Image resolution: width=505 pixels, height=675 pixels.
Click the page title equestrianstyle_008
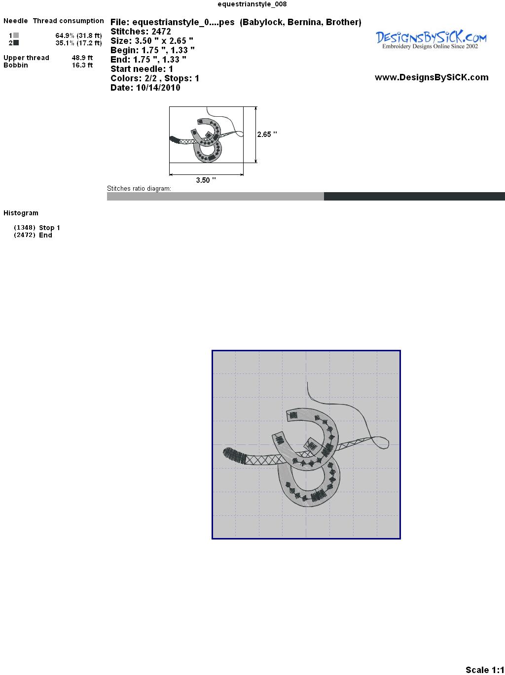pyautogui.click(x=252, y=4)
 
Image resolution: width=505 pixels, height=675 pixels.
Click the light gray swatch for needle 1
pyautogui.click(x=16, y=35)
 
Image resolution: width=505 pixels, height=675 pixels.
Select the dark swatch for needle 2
pyautogui.click(x=16, y=43)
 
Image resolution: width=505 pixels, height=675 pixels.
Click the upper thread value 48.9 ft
pyautogui.click(x=82, y=58)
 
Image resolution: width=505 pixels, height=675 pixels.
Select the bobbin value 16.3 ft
pyautogui.click(x=82, y=65)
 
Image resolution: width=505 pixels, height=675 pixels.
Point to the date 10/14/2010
pyautogui.click(x=158, y=88)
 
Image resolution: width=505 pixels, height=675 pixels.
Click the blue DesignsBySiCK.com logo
pyautogui.click(x=431, y=39)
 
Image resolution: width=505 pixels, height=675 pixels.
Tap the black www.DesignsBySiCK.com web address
pyautogui.click(x=432, y=77)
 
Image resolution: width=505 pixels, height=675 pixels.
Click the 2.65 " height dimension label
pyautogui.click(x=267, y=135)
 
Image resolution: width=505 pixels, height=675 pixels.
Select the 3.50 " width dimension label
pyautogui.click(x=206, y=180)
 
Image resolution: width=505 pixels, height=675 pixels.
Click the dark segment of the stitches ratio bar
pyautogui.click(x=414, y=196)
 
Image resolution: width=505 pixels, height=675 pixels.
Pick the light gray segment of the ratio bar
pyautogui.click(x=216, y=196)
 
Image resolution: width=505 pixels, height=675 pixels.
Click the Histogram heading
pyautogui.click(x=21, y=213)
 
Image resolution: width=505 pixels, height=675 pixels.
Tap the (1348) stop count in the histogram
pyautogui.click(x=25, y=228)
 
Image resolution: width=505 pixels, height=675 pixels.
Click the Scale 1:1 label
pyautogui.click(x=485, y=670)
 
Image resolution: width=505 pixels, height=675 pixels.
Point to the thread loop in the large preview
pyautogui.click(x=381, y=442)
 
